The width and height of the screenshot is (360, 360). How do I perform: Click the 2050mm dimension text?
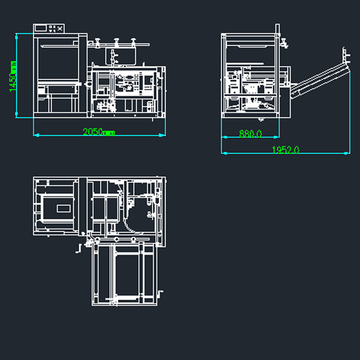pyautogui.click(x=99, y=132)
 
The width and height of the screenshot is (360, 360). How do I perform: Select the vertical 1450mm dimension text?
pyautogui.click(x=13, y=76)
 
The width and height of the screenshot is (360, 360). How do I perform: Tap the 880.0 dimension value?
pyautogui.click(x=250, y=133)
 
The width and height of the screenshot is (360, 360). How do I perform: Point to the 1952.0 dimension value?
pyautogui.click(x=286, y=150)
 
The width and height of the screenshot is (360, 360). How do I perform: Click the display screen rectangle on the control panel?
pyautogui.click(x=41, y=28)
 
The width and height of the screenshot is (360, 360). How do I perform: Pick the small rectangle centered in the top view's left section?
pyautogui.click(x=63, y=209)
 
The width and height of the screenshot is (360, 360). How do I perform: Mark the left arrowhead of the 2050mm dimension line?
pyautogui.click(x=36, y=135)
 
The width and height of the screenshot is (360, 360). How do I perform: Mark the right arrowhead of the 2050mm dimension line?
pyautogui.click(x=162, y=135)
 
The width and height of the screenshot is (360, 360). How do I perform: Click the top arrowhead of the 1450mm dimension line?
pyautogui.click(x=16, y=36)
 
